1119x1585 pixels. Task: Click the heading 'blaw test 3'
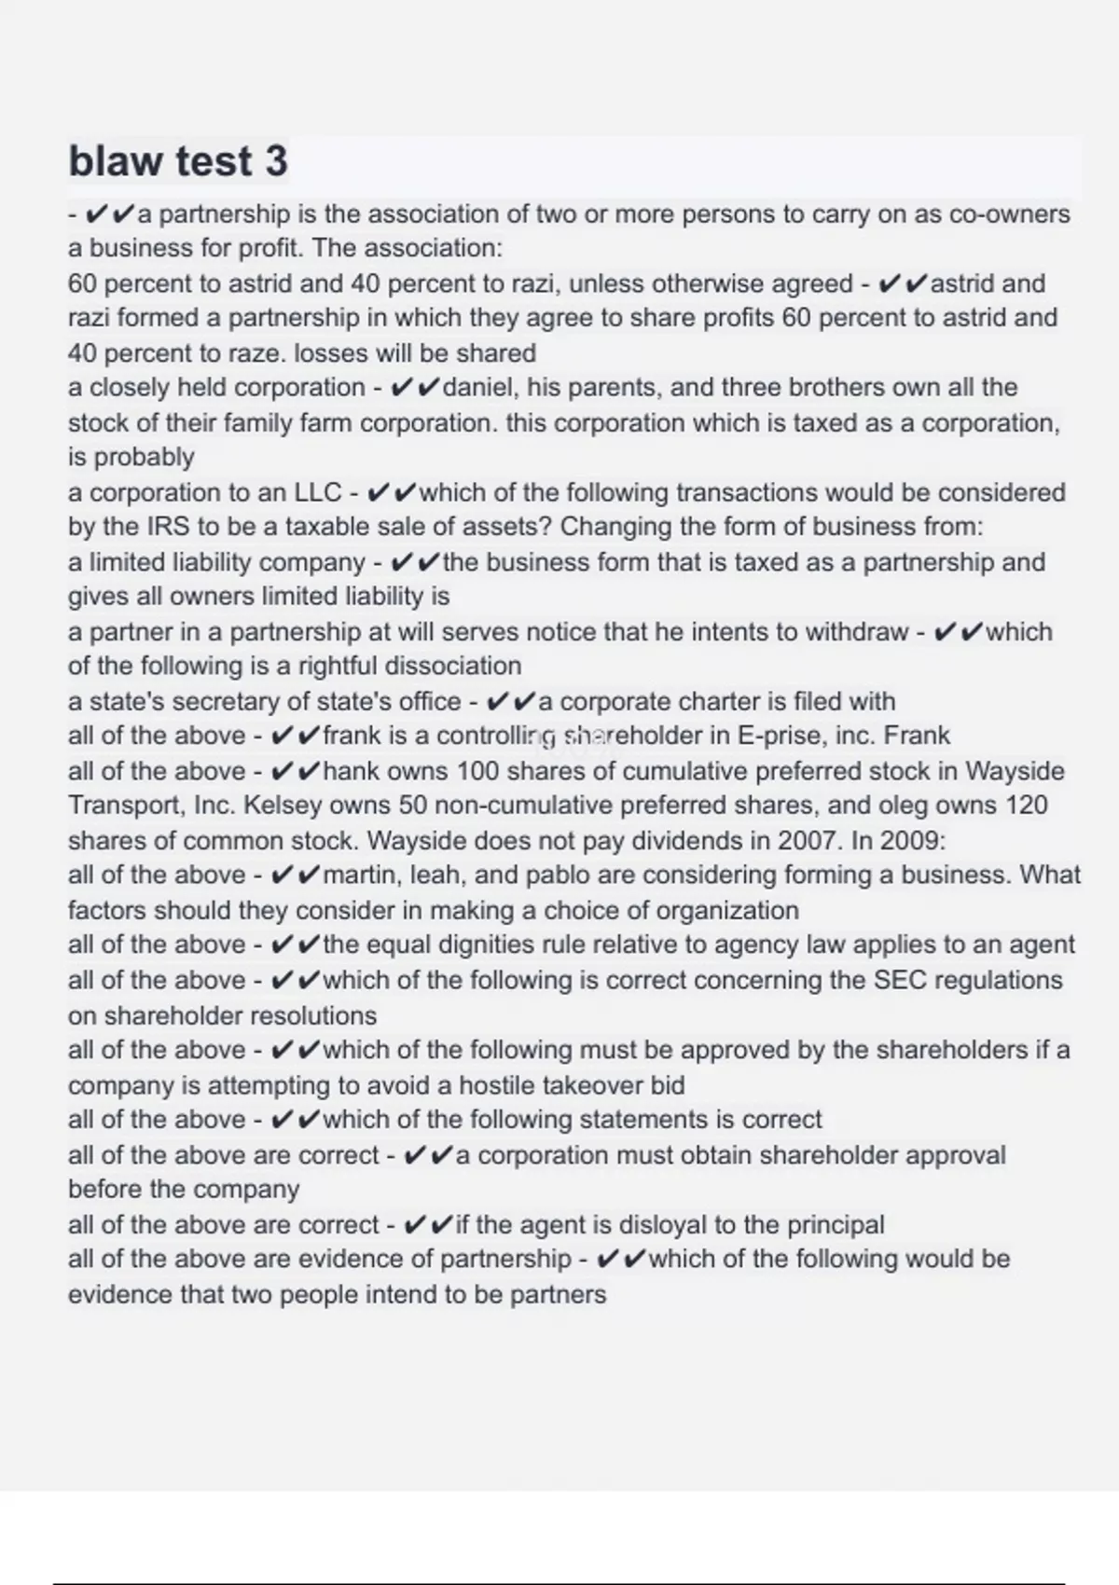pyautogui.click(x=178, y=160)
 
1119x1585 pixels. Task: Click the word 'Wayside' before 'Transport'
pyautogui.click(x=1015, y=772)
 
